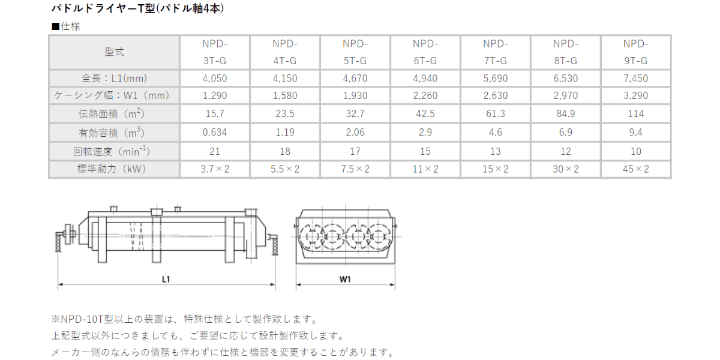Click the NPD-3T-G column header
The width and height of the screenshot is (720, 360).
pyautogui.click(x=215, y=52)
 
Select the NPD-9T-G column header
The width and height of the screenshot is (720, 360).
pyautogui.click(x=636, y=52)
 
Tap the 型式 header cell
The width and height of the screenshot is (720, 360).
pyautogui.click(x=114, y=52)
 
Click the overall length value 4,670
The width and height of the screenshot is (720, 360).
pyautogui.click(x=355, y=78)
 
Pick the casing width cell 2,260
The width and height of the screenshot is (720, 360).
pyautogui.click(x=425, y=95)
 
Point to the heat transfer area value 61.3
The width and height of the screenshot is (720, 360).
pyautogui.click(x=496, y=113)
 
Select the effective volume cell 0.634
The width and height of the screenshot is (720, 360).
pyautogui.click(x=215, y=132)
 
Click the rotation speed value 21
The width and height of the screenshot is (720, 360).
pyautogui.click(x=215, y=151)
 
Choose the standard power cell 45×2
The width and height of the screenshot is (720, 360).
pyautogui.click(x=636, y=169)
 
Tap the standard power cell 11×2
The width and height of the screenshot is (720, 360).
pyautogui.click(x=425, y=169)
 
